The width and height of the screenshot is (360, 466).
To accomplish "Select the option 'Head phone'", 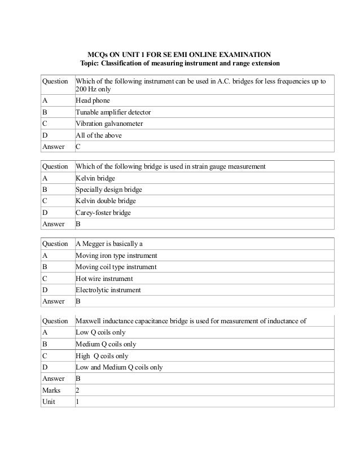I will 93,101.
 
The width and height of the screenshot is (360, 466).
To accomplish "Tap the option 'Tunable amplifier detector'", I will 113,112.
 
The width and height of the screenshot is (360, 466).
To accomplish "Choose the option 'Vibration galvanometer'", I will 109,124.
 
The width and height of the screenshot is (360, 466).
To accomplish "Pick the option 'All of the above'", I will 99,135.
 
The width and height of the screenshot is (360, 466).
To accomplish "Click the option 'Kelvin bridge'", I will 95,178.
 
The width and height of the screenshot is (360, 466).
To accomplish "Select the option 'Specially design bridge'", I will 109,189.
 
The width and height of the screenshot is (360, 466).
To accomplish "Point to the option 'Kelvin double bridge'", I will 106,200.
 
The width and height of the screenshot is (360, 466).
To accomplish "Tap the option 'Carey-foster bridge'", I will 103,212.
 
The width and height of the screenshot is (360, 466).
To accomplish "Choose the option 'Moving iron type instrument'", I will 116,256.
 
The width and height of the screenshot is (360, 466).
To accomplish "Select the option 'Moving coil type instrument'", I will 116,267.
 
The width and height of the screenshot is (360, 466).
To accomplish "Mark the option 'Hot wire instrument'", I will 104,279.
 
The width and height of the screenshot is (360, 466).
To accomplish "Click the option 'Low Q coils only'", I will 100,333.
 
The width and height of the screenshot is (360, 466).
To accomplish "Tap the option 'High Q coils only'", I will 102,356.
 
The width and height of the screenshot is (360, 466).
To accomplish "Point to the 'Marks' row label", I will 51,390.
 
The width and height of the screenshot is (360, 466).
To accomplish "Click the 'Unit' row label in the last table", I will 49,402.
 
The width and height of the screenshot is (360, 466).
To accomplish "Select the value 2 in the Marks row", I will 78,390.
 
